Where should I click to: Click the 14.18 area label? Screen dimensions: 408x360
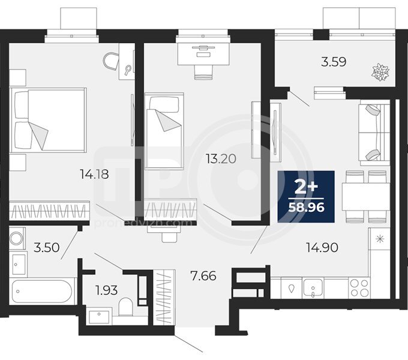click(94, 174)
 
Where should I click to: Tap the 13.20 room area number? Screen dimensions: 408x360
click(221, 158)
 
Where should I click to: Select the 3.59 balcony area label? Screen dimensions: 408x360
click(334, 62)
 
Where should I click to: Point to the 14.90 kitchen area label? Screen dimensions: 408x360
click(322, 247)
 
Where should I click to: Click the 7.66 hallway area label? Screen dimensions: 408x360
click(203, 276)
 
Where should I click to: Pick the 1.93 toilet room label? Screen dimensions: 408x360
click(107, 290)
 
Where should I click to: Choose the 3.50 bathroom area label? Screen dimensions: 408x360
click(47, 247)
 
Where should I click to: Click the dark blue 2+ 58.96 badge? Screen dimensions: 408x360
click(306, 197)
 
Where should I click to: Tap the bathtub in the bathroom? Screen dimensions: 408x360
click(42, 292)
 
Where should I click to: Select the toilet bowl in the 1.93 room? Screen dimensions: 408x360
click(125, 307)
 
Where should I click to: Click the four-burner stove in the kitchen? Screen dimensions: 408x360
click(359, 288)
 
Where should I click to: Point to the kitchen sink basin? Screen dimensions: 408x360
click(313, 287)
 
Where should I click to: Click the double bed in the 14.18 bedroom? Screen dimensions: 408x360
click(48, 119)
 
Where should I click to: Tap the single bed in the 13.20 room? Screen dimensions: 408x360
click(164, 131)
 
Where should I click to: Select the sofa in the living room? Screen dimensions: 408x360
click(374, 133)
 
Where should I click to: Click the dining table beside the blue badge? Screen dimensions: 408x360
click(365, 197)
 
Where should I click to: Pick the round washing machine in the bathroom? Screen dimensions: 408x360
click(17, 239)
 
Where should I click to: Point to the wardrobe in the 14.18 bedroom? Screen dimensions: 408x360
click(49, 210)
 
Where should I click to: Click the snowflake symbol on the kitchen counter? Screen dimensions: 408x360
click(380, 239)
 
